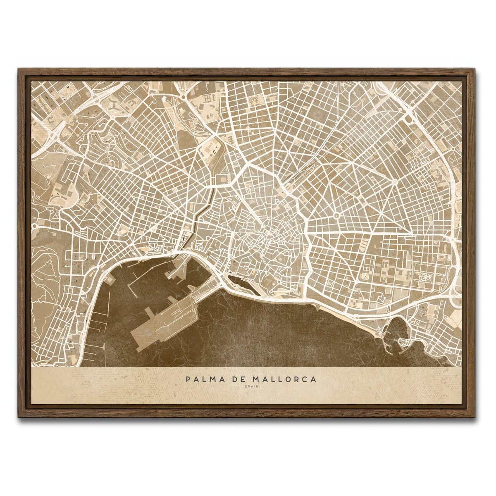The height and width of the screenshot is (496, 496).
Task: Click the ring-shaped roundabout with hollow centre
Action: (x=336, y=215)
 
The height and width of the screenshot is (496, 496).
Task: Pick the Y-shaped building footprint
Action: (x=112, y=106)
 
